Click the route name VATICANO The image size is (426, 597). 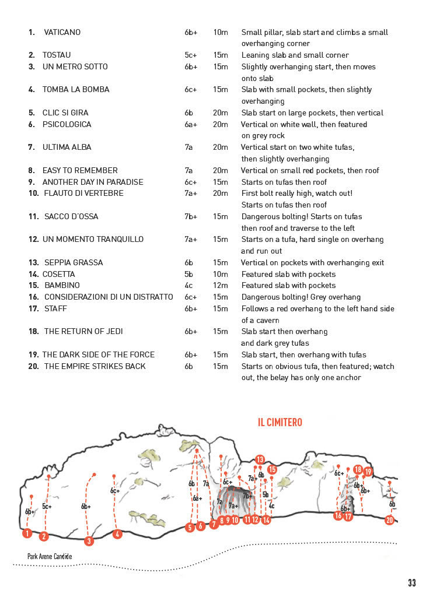click(62, 32)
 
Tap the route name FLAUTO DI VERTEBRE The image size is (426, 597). click(83, 193)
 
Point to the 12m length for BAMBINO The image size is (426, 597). click(221, 285)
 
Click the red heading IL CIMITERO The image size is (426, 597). click(280, 422)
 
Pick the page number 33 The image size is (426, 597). click(412, 582)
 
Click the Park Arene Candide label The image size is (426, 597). click(50, 556)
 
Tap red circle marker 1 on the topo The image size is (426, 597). click(27, 533)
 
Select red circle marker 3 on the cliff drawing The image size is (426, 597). click(89, 541)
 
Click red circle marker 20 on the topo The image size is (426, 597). click(390, 520)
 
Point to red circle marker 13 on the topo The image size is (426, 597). click(260, 459)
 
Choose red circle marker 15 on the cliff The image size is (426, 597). click(272, 469)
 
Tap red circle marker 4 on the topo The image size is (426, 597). click(117, 533)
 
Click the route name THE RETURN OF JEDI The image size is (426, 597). click(83, 331)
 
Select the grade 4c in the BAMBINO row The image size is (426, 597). click(188, 285)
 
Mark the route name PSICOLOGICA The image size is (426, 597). click(67, 124)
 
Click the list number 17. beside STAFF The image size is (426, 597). click(33, 308)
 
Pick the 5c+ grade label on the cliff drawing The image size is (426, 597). click(47, 507)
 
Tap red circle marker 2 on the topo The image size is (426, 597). click(44, 536)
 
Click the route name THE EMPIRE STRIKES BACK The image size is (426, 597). click(95, 366)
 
